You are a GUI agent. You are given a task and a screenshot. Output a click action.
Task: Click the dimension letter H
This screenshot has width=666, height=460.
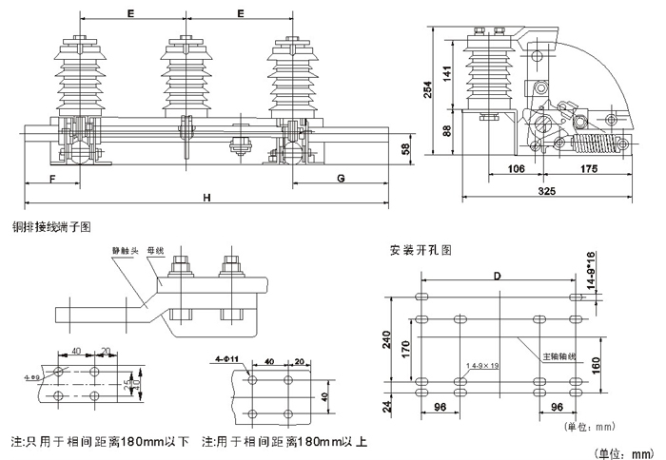tap(206, 197)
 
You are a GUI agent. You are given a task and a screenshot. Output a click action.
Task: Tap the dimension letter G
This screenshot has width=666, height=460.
tap(342, 178)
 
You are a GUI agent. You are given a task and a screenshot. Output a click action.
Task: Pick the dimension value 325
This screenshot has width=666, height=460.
tap(546, 192)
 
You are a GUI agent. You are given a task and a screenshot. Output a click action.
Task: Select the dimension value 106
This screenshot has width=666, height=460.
tap(515, 170)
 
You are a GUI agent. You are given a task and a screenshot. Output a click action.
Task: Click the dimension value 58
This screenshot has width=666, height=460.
tap(406, 149)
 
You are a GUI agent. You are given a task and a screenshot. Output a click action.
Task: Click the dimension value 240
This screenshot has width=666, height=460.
tap(387, 340)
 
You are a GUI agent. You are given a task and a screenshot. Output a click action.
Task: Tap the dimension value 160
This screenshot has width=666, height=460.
tap(596, 366)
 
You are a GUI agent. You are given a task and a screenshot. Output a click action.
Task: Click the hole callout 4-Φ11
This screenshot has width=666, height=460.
tap(226, 360)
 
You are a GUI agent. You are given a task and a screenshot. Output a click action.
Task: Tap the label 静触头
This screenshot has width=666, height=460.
tap(126, 251)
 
